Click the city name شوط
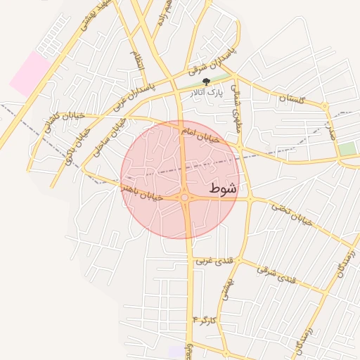click(222, 188)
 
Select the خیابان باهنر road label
click(143, 193)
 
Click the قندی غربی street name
click(213, 261)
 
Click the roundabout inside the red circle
click(185, 198)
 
